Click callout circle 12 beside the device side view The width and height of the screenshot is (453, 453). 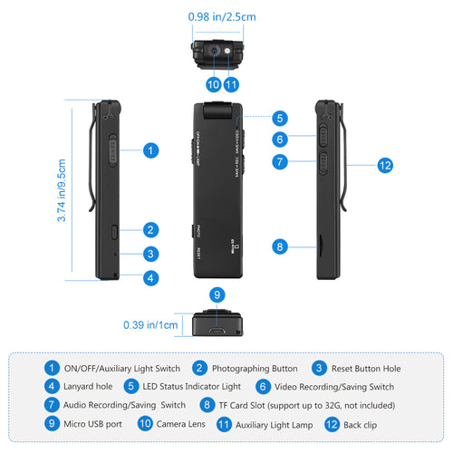[x=385, y=165]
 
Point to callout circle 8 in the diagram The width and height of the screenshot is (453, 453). [x=281, y=246]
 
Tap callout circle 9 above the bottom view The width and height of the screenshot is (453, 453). [x=216, y=294]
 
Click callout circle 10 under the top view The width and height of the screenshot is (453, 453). [x=212, y=84]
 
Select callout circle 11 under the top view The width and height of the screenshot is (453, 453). [x=232, y=84]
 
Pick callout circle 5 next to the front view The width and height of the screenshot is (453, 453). [x=281, y=118]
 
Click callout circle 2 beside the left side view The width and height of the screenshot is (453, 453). [x=150, y=230]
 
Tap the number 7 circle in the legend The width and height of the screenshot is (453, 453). [x=53, y=404]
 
